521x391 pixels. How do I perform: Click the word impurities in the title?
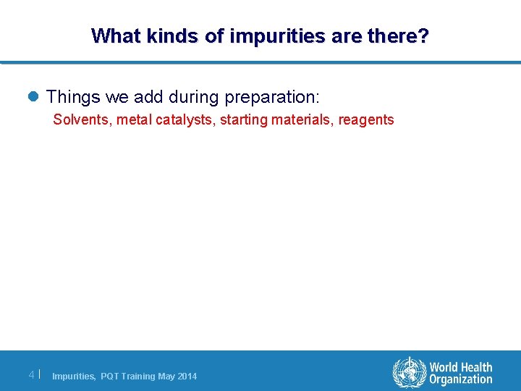pyautogui.click(x=264, y=35)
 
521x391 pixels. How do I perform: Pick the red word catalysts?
pyautogui.click(x=182, y=119)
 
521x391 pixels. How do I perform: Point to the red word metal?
pyautogui.click(x=134, y=119)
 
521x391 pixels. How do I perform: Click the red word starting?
pyautogui.click(x=242, y=119)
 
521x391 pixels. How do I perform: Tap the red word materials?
pyautogui.click(x=302, y=119)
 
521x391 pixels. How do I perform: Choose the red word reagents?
pyautogui.click(x=365, y=119)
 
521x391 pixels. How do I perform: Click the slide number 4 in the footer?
pyautogui.click(x=31, y=374)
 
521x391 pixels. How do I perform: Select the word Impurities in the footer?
pyautogui.click(x=73, y=377)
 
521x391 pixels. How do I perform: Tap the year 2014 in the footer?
pyautogui.click(x=187, y=377)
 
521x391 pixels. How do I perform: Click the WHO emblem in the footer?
pyautogui.click(x=410, y=374)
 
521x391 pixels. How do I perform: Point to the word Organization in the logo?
pyautogui.click(x=460, y=379)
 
